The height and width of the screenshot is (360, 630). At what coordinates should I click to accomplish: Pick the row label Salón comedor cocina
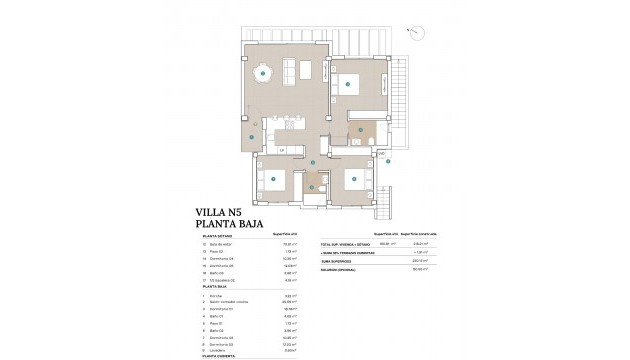click(x=232, y=303)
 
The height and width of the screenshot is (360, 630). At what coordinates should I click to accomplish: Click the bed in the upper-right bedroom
click(x=350, y=85)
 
